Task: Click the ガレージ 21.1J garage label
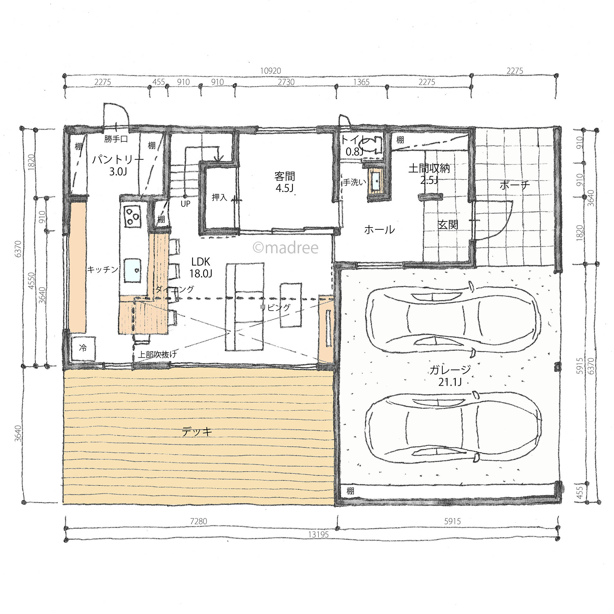coord(450,375)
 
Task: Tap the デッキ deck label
coord(197,432)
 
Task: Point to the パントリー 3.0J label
coord(118,165)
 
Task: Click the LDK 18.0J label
coord(201,267)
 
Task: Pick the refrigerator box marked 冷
coord(83,348)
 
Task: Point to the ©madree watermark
coord(285,248)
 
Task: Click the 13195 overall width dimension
coord(318,534)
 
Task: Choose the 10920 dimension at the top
coord(271,71)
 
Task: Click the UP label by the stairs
coord(185,204)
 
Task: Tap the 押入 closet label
coord(219,197)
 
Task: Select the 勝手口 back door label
coord(116,139)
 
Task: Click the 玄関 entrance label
coord(448,225)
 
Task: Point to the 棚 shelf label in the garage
coord(350,491)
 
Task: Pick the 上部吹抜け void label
coord(157,354)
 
